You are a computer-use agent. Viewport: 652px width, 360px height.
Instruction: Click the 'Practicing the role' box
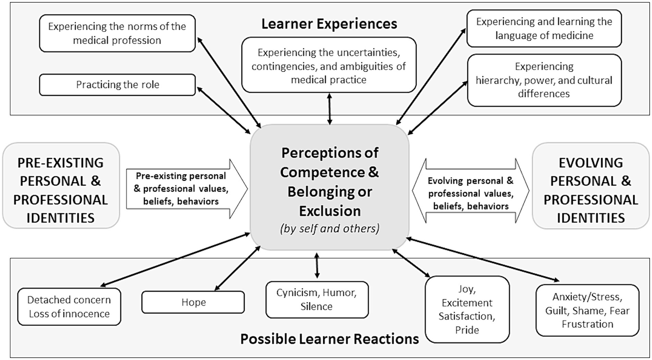pyautogui.click(x=117, y=85)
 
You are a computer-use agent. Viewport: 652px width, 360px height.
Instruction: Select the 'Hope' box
pyautogui.click(x=193, y=302)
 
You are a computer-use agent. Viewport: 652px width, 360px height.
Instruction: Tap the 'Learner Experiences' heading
pyautogui.click(x=329, y=24)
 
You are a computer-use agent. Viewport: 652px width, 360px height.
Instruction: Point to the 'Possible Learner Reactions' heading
pyautogui.click(x=329, y=339)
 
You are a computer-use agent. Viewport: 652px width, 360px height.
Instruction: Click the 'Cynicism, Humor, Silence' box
pyautogui.click(x=317, y=300)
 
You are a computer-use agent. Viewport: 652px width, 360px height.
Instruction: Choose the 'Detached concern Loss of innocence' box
pyautogui.click(x=69, y=307)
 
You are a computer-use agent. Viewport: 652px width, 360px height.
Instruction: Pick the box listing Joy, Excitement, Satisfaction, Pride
pyautogui.click(x=467, y=309)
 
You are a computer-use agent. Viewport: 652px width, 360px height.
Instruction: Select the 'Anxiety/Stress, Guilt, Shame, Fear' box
pyautogui.click(x=587, y=311)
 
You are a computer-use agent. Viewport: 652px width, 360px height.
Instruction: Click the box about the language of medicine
pyautogui.click(x=544, y=28)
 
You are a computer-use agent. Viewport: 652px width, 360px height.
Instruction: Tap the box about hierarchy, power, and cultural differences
pyautogui.click(x=544, y=80)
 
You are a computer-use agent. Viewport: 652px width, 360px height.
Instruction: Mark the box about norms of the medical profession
pyautogui.click(x=117, y=33)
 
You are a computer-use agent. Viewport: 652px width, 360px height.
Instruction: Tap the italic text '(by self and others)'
pyautogui.click(x=330, y=229)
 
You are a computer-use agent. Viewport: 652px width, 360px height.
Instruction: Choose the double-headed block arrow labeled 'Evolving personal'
pyautogui.click(x=471, y=192)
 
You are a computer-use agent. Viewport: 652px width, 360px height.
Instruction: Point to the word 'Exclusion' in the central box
pyautogui.click(x=330, y=211)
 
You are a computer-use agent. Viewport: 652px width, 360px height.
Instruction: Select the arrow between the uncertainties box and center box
pyautogui.click(x=330, y=109)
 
